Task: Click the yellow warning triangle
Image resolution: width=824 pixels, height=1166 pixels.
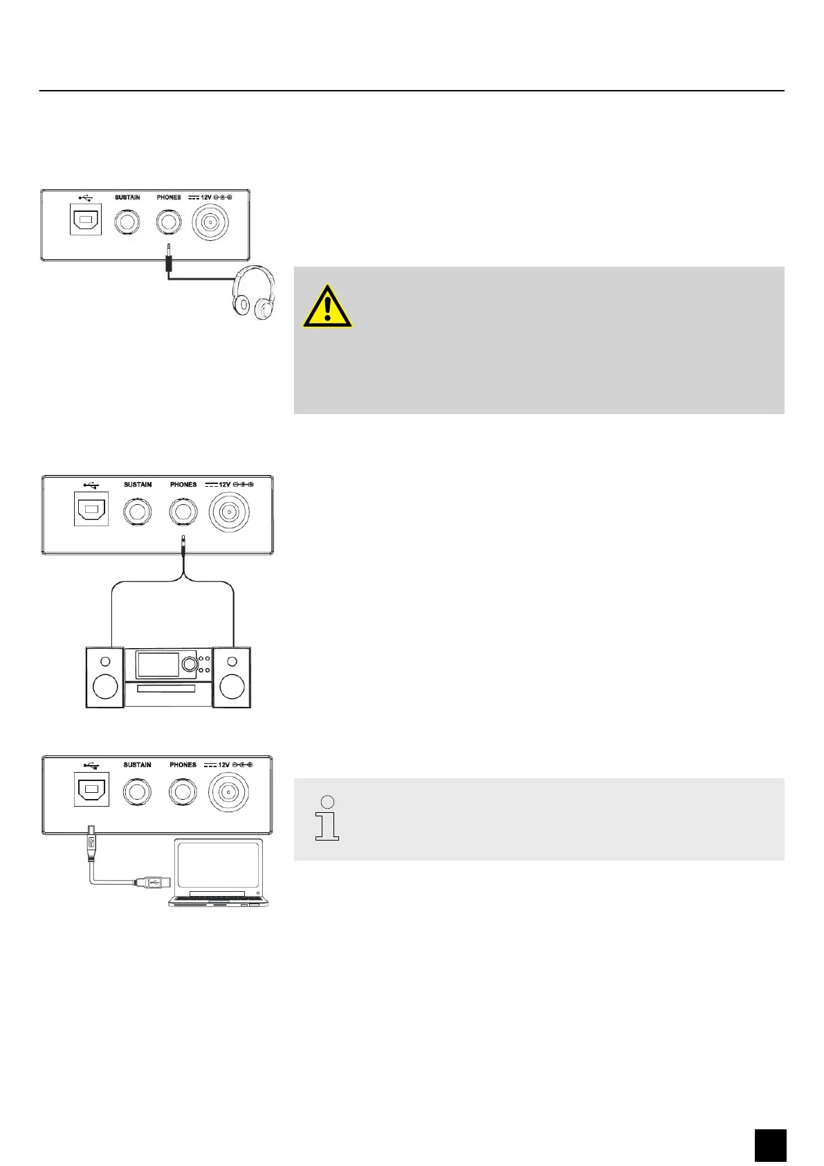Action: tap(327, 306)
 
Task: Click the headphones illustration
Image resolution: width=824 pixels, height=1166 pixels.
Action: tap(254, 295)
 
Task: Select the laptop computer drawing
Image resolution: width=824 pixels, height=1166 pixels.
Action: tap(219, 872)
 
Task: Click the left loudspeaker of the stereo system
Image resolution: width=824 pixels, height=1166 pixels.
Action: tap(104, 676)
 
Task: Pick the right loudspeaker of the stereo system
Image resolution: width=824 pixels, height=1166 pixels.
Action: tap(232, 676)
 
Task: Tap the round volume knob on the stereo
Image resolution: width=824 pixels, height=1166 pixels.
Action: tap(189, 665)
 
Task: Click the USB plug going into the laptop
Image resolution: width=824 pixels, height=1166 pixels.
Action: tap(152, 882)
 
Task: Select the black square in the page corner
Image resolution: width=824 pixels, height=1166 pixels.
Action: tap(770, 1145)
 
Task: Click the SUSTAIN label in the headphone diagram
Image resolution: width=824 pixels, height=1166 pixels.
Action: tap(127, 197)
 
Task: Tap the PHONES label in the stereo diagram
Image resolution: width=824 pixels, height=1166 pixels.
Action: tap(183, 485)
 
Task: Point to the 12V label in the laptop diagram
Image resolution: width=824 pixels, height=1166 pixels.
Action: tap(224, 765)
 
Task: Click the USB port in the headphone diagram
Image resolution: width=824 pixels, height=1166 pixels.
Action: tap(86, 220)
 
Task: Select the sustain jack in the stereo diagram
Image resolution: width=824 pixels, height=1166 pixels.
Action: tap(137, 513)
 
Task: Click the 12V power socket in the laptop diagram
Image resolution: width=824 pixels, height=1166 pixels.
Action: tap(229, 793)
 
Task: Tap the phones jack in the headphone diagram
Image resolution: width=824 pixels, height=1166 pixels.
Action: tap(169, 222)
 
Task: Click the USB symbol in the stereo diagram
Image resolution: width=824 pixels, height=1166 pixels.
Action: tap(91, 485)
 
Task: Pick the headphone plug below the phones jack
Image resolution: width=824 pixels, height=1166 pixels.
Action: tap(169, 262)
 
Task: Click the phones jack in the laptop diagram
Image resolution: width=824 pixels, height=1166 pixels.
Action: tap(183, 792)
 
